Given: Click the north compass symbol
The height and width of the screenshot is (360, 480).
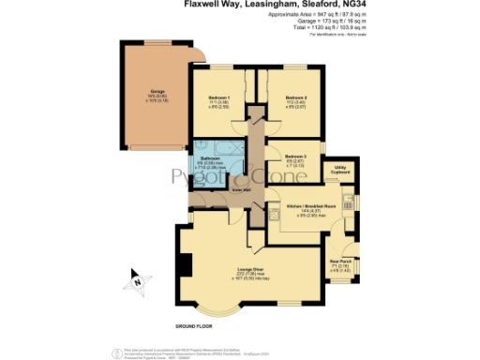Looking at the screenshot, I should (138, 278).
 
